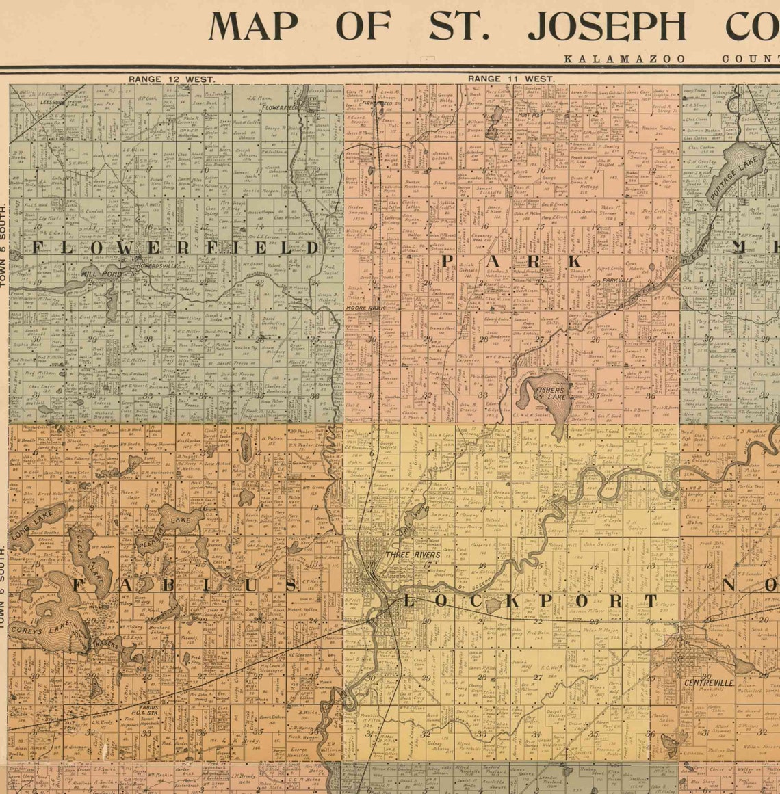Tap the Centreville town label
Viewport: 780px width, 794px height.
pyautogui.click(x=709, y=683)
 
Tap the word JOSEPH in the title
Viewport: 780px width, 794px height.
pyautogui.click(x=606, y=27)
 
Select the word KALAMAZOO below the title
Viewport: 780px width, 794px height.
pyautogui.click(x=624, y=59)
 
